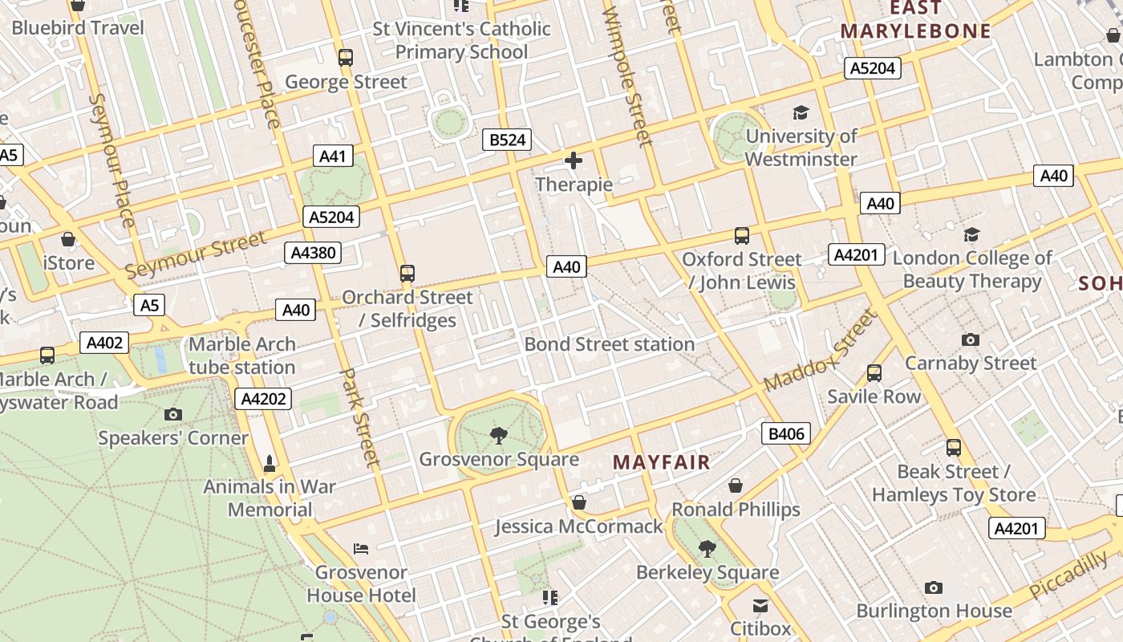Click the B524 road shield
(x=508, y=140)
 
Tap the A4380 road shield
(x=313, y=253)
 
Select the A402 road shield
(x=104, y=343)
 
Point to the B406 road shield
(x=786, y=434)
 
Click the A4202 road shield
(x=264, y=399)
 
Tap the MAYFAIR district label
(x=662, y=462)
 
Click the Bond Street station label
(x=610, y=344)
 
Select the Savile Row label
(x=874, y=396)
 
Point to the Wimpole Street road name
(x=628, y=76)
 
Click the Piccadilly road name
(x=1068, y=575)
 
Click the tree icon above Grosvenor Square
(x=499, y=436)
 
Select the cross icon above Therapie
(x=574, y=161)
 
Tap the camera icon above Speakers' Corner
(x=172, y=415)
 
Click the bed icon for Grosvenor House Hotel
(x=361, y=549)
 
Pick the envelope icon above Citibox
(x=760, y=605)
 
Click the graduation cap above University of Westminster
(x=801, y=112)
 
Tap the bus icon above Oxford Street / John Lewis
(x=742, y=236)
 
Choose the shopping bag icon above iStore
(x=68, y=239)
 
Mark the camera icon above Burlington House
(x=933, y=588)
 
